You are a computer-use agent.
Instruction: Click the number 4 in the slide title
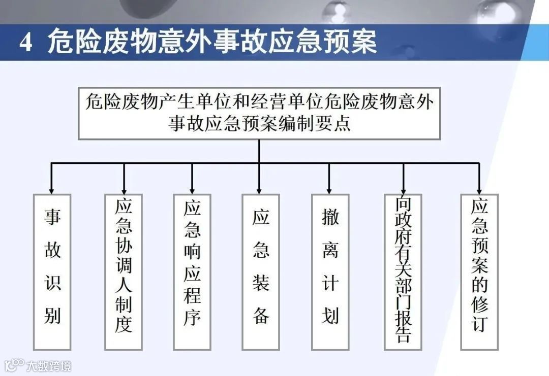click(x=26, y=43)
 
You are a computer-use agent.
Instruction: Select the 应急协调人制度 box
click(x=124, y=271)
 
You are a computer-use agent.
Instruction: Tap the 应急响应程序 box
click(x=192, y=271)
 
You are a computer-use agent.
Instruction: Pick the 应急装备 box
click(x=260, y=271)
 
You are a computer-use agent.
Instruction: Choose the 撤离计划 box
click(x=330, y=271)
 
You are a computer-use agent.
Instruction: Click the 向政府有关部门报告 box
click(x=403, y=271)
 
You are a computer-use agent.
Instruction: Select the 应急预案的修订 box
click(x=479, y=271)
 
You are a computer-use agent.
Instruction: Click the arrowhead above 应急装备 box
click(x=260, y=187)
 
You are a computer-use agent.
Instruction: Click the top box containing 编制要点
click(x=259, y=113)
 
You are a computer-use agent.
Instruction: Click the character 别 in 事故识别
click(x=52, y=316)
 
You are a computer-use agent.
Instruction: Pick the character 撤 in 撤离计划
click(x=330, y=218)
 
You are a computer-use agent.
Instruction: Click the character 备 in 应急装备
click(x=260, y=316)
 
